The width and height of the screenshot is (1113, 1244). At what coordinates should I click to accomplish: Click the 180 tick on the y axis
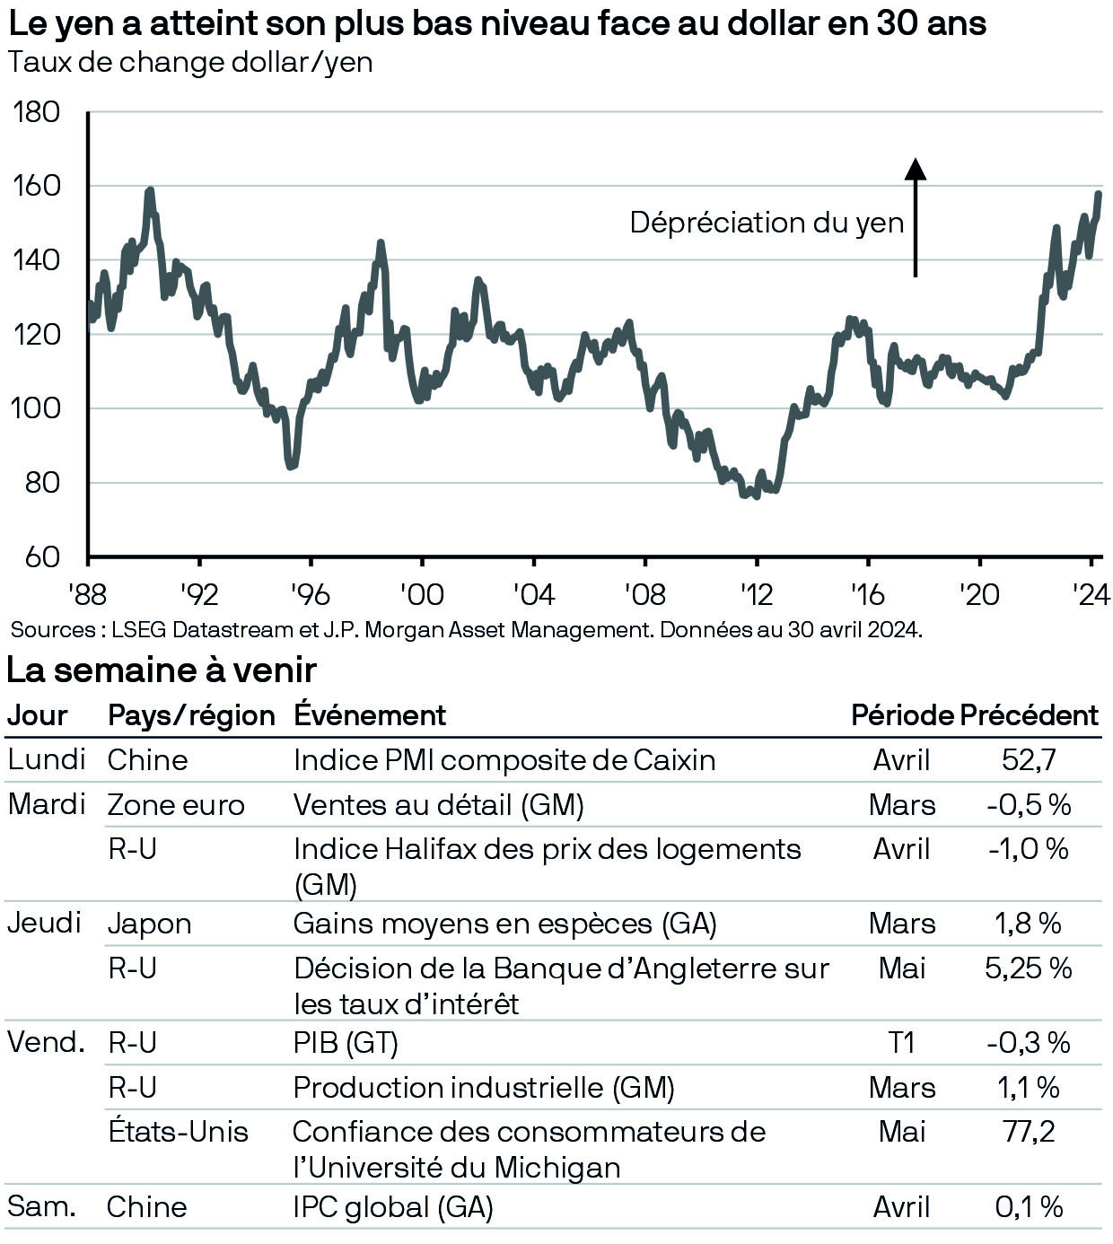pyautogui.click(x=36, y=112)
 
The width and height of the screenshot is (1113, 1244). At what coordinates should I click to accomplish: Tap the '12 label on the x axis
pyautogui.click(x=756, y=594)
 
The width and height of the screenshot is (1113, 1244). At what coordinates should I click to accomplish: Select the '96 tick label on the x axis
pyautogui.click(x=310, y=594)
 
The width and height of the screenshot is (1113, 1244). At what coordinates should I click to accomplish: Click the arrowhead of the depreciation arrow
pyautogui.click(x=915, y=169)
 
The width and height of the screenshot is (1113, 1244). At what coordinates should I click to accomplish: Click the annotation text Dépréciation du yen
pyautogui.click(x=767, y=223)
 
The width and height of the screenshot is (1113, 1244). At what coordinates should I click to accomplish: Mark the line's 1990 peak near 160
pyautogui.click(x=149, y=190)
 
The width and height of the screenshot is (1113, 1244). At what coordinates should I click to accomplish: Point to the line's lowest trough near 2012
pyautogui.click(x=756, y=495)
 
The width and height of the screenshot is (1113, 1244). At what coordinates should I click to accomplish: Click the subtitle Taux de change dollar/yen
pyautogui.click(x=189, y=63)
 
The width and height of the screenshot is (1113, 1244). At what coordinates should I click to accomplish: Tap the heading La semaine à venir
pyautogui.click(x=162, y=670)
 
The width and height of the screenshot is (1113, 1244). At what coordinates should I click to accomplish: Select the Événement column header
pyautogui.click(x=370, y=715)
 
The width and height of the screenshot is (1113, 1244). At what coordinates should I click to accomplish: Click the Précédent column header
pyautogui.click(x=1029, y=715)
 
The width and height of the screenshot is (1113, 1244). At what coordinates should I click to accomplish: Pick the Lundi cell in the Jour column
pyautogui.click(x=46, y=759)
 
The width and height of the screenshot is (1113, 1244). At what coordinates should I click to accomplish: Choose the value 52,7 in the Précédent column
pyautogui.click(x=1029, y=760)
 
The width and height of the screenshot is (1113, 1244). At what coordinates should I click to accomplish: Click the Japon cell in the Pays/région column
pyautogui.click(x=149, y=924)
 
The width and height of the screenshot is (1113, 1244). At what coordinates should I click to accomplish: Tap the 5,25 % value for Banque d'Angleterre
pyautogui.click(x=1029, y=968)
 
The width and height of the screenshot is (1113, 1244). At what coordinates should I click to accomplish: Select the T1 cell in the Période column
pyautogui.click(x=901, y=1043)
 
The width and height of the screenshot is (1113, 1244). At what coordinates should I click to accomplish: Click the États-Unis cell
pyautogui.click(x=178, y=1132)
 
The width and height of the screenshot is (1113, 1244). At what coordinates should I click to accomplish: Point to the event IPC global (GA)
pyautogui.click(x=393, y=1207)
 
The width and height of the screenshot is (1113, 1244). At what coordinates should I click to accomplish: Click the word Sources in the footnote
pyautogui.click(x=52, y=630)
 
